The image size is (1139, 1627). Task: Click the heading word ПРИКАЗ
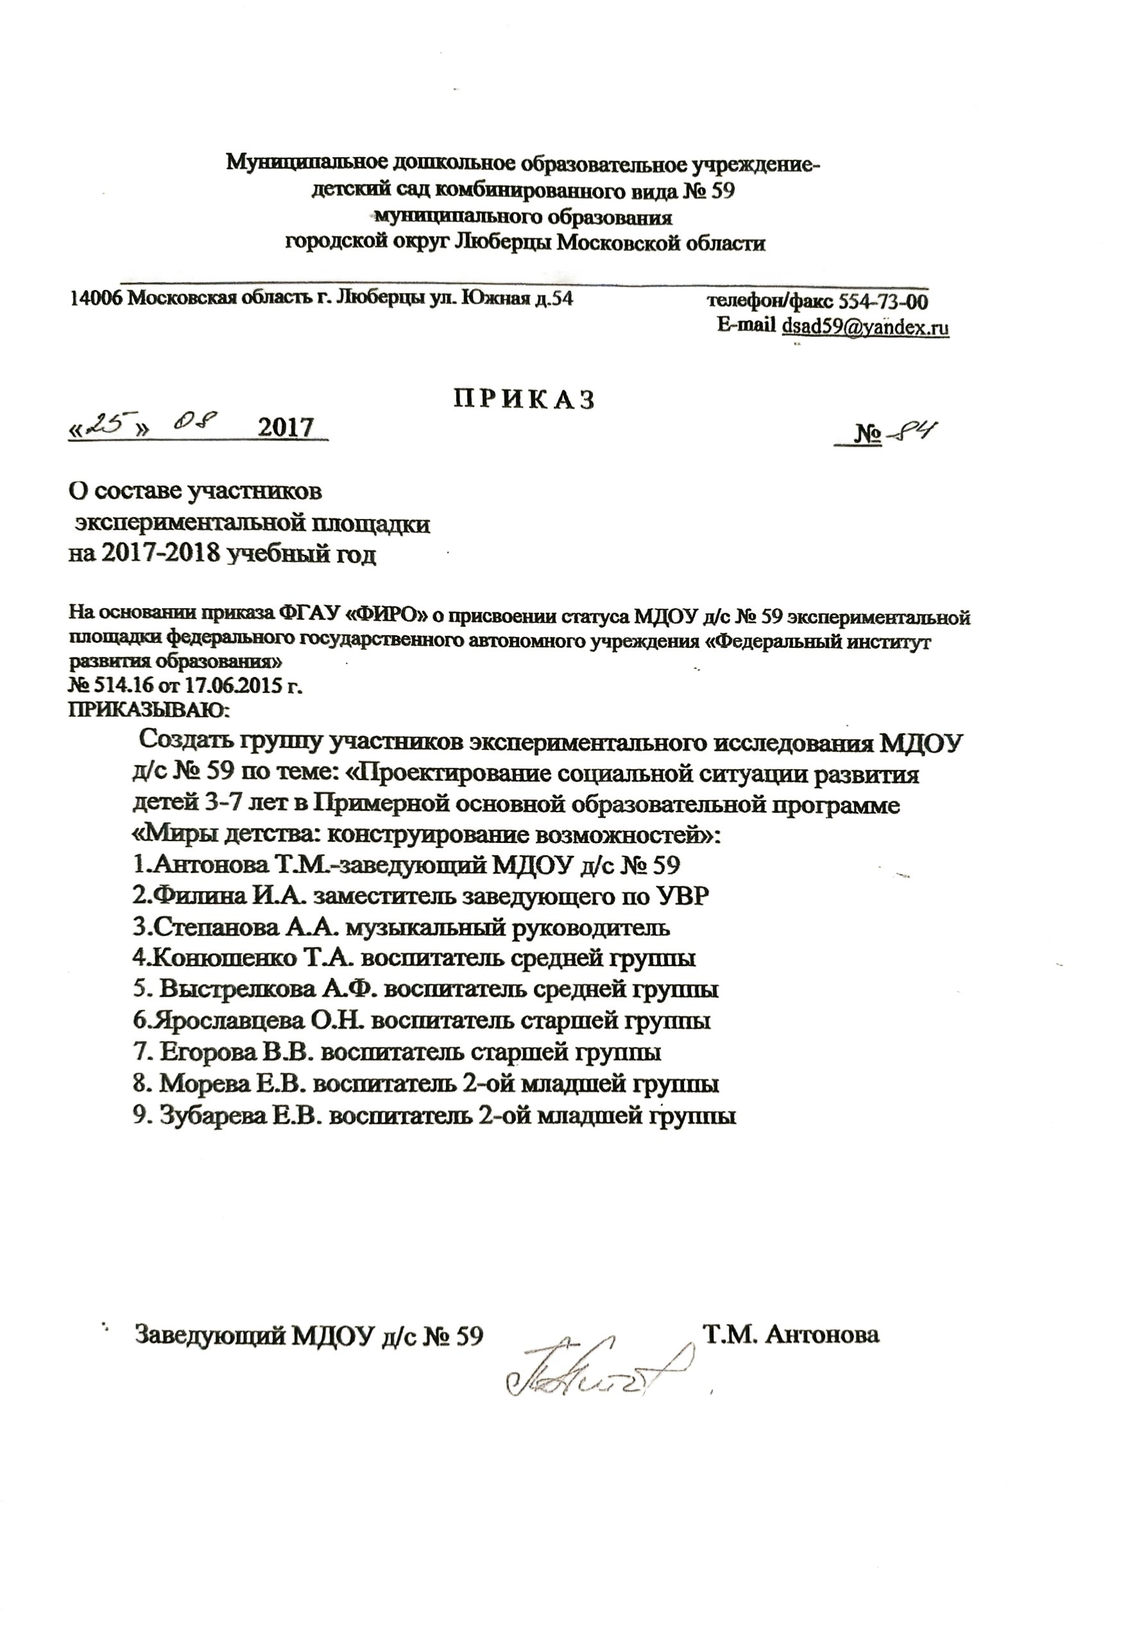(x=524, y=400)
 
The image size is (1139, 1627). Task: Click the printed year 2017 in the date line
(x=285, y=428)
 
